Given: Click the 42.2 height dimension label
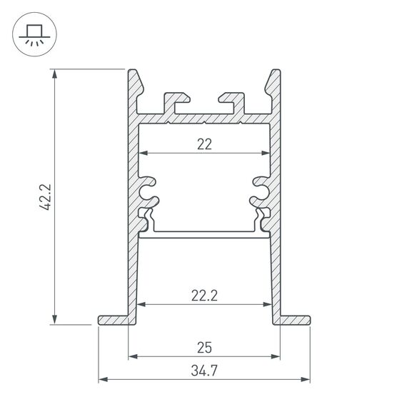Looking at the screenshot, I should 44,196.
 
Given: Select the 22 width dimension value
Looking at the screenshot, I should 204,144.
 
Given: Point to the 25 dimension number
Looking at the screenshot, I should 204,348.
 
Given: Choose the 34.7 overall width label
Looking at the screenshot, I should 204,370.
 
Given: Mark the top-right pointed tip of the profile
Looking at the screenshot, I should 276,71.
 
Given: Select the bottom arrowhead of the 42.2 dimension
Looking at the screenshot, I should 55,321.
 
